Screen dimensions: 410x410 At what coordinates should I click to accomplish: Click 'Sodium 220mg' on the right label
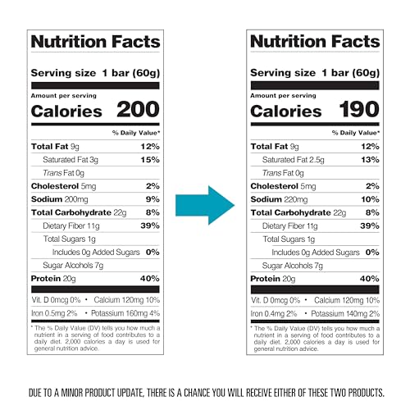[x=279, y=198]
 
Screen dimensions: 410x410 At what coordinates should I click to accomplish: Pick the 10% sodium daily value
[x=371, y=198]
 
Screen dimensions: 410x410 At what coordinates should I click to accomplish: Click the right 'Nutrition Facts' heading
[x=315, y=42]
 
